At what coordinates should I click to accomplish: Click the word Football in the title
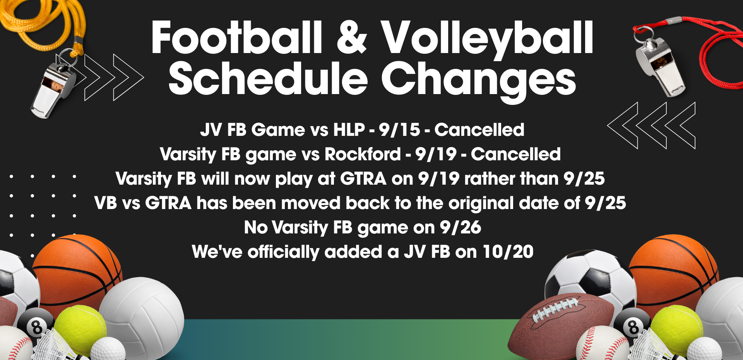click(237, 38)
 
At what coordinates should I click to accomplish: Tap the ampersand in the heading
click(352, 38)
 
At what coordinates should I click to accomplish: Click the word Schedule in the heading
click(268, 79)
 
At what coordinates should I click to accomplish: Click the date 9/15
click(399, 130)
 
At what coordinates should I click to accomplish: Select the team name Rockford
click(363, 154)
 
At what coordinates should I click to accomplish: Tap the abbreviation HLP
click(349, 130)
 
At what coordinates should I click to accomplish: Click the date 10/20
click(508, 252)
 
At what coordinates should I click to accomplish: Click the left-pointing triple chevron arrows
click(651, 125)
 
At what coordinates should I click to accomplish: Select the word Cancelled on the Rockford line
click(516, 154)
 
